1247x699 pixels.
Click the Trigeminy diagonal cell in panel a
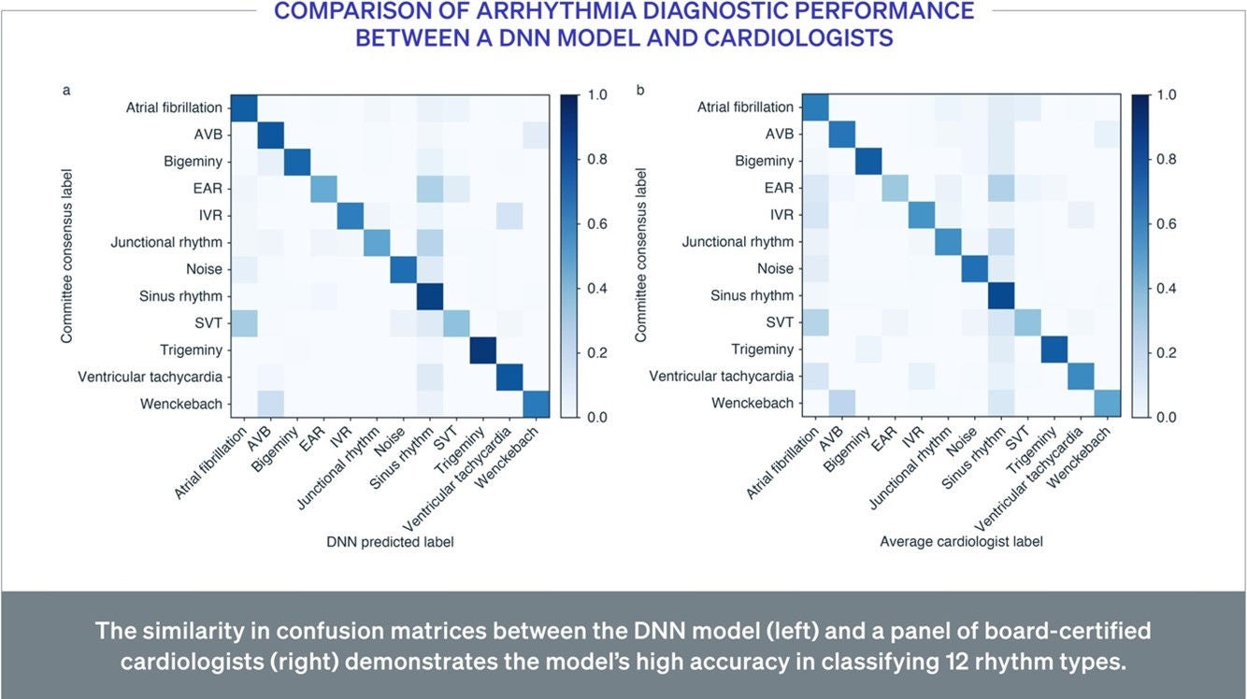tap(483, 350)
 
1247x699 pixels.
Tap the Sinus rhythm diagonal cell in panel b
tap(1001, 295)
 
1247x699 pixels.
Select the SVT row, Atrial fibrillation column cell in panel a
tap(244, 322)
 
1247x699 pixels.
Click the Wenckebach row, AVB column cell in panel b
tap(842, 403)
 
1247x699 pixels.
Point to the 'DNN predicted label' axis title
tap(390, 541)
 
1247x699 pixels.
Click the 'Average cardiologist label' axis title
tap(961, 541)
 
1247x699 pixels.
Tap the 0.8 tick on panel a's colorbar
tap(596, 159)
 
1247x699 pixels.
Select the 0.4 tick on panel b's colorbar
tap(1167, 288)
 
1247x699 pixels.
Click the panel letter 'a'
tap(66, 90)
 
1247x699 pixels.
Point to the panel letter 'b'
tap(640, 90)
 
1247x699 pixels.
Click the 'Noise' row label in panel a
tap(205, 269)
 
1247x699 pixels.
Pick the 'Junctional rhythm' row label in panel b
tap(738, 241)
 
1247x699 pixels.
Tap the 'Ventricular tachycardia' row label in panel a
tap(150, 377)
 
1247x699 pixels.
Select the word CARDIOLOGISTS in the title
tap(798, 37)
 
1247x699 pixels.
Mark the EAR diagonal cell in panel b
tap(895, 188)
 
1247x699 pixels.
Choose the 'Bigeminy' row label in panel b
tap(765, 161)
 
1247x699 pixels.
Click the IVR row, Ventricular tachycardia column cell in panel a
tap(510, 215)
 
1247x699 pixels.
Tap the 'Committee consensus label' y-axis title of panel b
tap(640, 255)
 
